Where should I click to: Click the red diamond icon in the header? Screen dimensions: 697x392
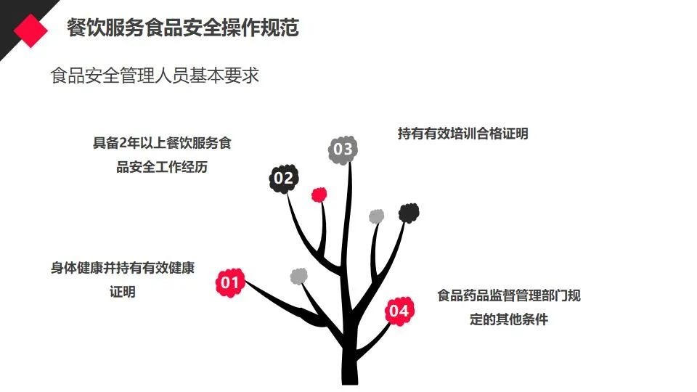[31, 30]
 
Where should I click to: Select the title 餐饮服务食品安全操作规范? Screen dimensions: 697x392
[182, 28]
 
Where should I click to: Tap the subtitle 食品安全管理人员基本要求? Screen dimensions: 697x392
[155, 75]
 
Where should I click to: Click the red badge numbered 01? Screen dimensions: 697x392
[229, 282]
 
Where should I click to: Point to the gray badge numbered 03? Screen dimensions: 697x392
[343, 150]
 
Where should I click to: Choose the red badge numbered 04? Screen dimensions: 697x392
[399, 311]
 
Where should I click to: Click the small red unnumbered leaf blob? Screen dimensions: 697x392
[319, 194]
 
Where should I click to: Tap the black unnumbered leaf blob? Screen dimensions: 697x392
[409, 213]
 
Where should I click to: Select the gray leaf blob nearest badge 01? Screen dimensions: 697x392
[298, 276]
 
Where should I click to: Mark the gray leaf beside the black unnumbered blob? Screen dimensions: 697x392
[376, 216]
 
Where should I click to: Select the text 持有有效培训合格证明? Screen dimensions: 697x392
[462, 134]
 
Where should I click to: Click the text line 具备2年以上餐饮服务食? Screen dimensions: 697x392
[162, 143]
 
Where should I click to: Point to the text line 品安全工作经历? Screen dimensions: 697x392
[162, 167]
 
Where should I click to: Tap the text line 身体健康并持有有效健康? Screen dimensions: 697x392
[123, 268]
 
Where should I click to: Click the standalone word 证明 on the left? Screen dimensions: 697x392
[123, 292]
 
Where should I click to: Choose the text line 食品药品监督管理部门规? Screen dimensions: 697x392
[508, 295]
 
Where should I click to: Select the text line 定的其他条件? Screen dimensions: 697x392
[508, 319]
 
